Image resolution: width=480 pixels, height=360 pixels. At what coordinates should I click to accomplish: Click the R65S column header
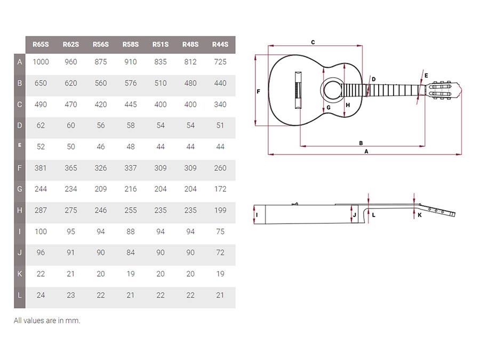[x=41, y=44]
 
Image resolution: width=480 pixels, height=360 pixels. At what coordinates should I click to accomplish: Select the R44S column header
[x=220, y=44]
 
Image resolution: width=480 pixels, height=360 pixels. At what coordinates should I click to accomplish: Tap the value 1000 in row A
[x=41, y=62]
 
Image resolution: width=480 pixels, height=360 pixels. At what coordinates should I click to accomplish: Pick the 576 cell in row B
[x=131, y=83]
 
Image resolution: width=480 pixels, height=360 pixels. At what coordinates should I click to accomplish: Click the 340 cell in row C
[x=220, y=105]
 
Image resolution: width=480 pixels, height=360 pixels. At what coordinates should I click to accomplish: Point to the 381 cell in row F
[x=41, y=168]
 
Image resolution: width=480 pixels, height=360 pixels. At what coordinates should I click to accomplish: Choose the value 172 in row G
[x=220, y=189]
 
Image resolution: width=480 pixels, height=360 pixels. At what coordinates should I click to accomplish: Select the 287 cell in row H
[x=41, y=210]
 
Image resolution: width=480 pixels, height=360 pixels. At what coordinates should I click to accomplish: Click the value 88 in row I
[x=131, y=231]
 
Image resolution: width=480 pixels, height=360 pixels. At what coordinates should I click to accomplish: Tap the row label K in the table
[x=20, y=274]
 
